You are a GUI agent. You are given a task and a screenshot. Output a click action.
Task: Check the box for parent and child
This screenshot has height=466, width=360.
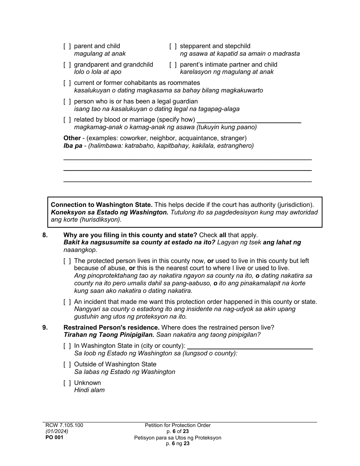(67, 46)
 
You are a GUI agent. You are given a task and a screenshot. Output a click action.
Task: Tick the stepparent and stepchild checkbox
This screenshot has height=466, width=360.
(173, 46)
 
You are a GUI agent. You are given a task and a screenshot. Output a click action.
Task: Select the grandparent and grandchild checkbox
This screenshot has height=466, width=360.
(67, 65)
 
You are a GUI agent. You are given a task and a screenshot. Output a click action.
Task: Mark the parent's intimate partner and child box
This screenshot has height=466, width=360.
(173, 65)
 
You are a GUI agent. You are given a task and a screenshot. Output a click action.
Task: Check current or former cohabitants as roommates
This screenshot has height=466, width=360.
(67, 83)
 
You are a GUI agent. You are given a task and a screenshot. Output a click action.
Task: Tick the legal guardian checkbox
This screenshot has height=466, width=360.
(67, 102)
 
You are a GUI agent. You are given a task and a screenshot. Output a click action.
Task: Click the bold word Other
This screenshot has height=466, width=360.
(72, 138)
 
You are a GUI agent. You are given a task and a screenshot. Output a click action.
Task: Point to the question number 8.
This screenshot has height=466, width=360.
(45, 235)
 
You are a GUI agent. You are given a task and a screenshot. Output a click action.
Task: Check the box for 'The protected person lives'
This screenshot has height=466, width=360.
(67, 261)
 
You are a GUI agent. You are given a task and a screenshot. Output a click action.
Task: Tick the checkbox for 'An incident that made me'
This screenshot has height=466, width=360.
(67, 302)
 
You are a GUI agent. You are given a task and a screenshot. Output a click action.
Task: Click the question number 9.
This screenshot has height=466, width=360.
(45, 327)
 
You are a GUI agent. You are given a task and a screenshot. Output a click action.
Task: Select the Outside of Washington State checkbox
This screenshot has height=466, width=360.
(67, 364)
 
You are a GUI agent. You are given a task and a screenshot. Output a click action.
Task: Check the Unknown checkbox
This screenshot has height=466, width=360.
(67, 383)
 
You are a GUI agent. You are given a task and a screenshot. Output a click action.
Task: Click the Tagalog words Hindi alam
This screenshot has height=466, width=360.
(89, 390)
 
